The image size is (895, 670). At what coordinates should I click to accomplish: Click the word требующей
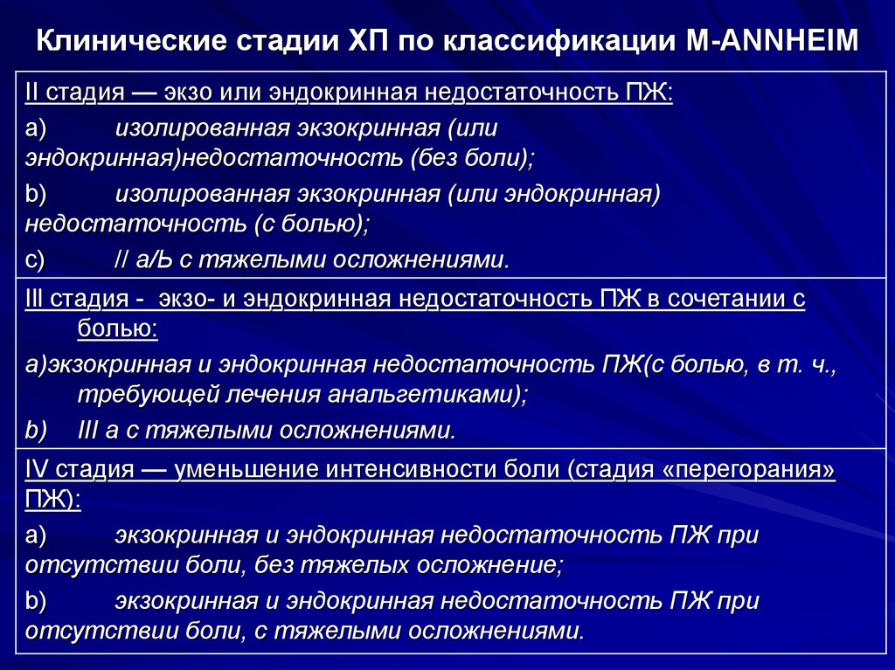pyautogui.click(x=131, y=396)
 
